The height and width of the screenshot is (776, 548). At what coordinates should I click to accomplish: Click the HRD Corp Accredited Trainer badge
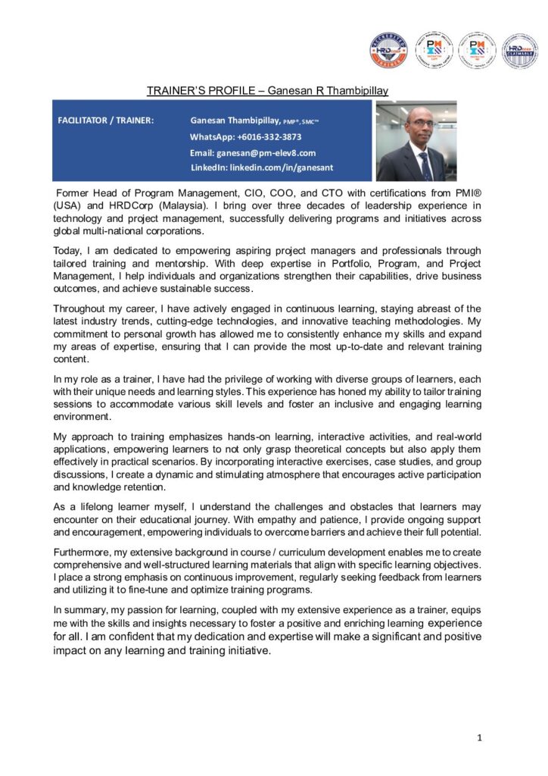click(388, 51)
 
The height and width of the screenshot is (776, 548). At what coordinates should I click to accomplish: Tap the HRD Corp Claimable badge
click(520, 51)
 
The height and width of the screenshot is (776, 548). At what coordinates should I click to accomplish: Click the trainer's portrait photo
click(416, 140)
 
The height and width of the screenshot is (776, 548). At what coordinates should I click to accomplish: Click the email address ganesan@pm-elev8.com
click(252, 152)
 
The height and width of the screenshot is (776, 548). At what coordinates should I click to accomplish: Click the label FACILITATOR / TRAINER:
click(106, 120)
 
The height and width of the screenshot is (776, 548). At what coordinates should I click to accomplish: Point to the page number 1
click(479, 737)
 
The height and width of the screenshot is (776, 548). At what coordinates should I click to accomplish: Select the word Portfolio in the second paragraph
click(360, 262)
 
